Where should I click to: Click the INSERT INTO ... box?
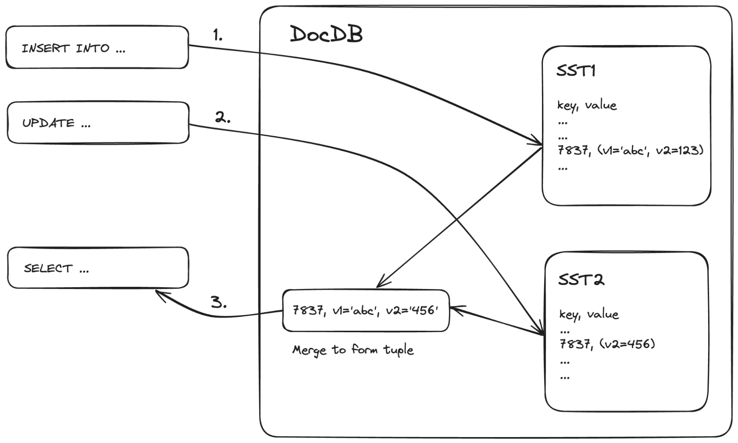(97, 47)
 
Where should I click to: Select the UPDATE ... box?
(98, 123)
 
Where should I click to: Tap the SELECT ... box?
(98, 268)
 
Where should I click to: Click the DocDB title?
(326, 35)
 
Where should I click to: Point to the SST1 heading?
(576, 70)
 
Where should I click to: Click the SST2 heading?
(581, 279)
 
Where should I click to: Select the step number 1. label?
(218, 35)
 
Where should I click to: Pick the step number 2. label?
(223, 118)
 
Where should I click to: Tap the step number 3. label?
(219, 303)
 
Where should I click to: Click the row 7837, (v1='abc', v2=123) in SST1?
(630, 150)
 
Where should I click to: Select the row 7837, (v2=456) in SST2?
(607, 344)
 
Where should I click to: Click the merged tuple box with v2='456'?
(365, 310)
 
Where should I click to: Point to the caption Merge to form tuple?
(353, 350)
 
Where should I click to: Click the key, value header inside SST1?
(587, 106)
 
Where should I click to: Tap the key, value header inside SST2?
(589, 315)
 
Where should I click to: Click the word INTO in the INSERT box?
(93, 48)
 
